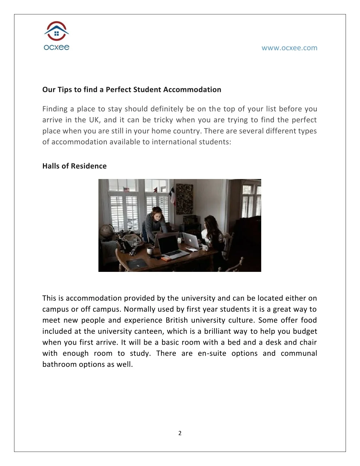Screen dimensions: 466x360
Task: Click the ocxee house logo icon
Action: tap(56, 32)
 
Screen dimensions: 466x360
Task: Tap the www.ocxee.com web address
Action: tap(289, 48)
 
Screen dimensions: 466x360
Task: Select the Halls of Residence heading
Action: tap(75, 166)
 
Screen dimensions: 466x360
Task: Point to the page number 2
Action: tap(180, 433)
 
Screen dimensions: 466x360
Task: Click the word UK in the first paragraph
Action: tap(94, 120)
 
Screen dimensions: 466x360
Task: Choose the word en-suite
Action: tap(212, 353)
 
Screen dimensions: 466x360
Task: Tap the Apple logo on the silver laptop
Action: tap(190, 241)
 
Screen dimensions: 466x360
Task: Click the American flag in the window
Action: tap(126, 190)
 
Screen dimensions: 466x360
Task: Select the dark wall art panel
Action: tap(184, 199)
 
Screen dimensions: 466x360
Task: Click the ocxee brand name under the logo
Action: tap(56, 47)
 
